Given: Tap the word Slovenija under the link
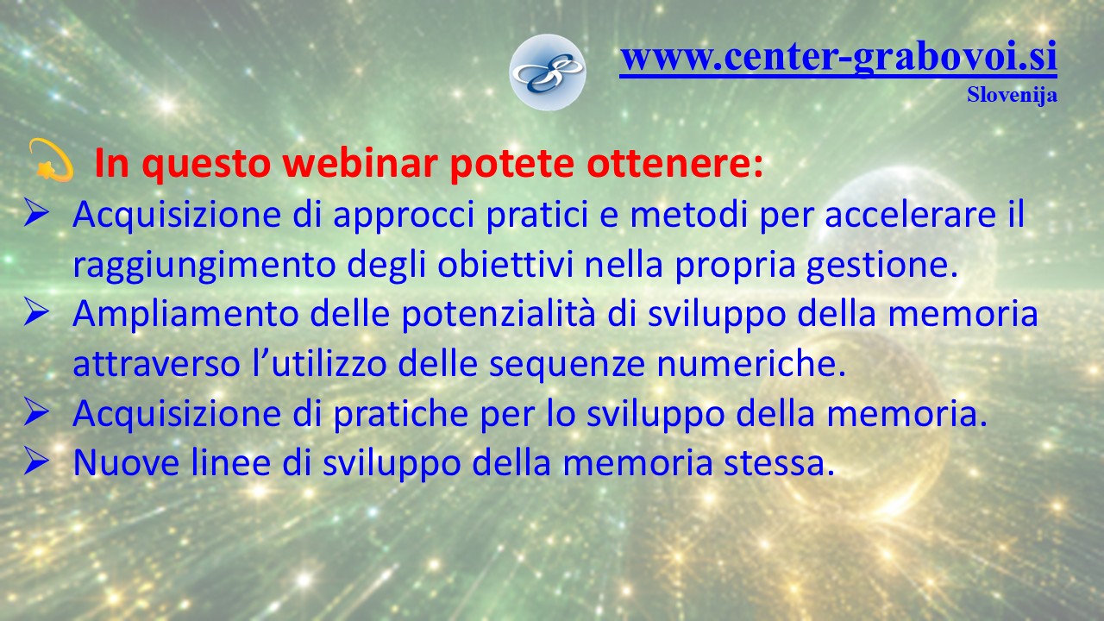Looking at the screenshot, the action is click(x=1012, y=95).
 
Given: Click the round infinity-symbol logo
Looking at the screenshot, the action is click(x=548, y=72).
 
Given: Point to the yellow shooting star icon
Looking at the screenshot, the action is click(x=51, y=160).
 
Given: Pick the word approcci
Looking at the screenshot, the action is click(x=404, y=216).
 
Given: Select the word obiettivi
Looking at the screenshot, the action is click(x=505, y=264).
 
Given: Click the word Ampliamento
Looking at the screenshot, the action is click(x=185, y=316).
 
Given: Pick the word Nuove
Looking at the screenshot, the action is click(x=126, y=463).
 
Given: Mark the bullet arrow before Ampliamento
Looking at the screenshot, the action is click(x=36, y=313).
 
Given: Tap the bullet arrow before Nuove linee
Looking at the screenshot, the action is click(x=36, y=462).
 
